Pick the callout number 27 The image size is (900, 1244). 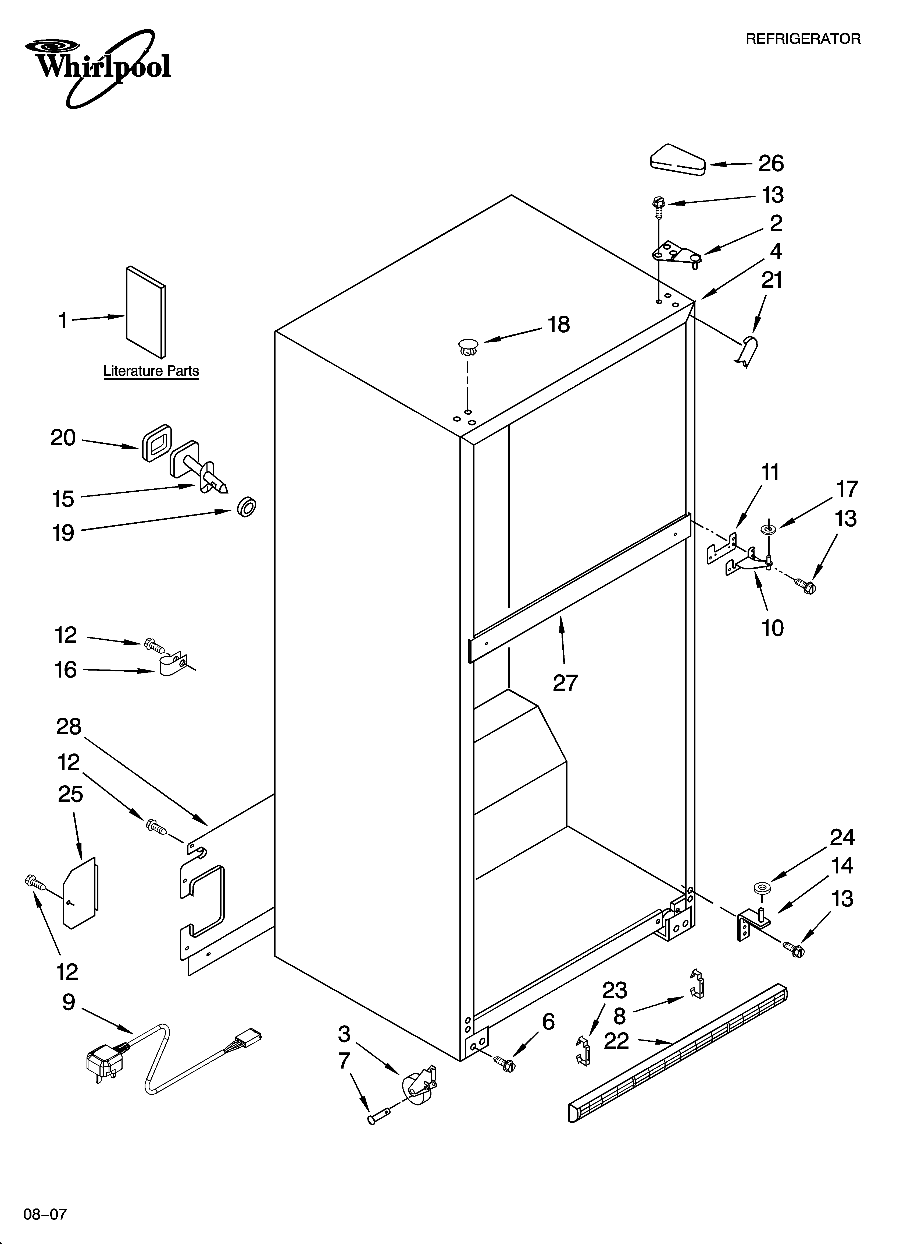[565, 683]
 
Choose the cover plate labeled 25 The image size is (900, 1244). [81, 894]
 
